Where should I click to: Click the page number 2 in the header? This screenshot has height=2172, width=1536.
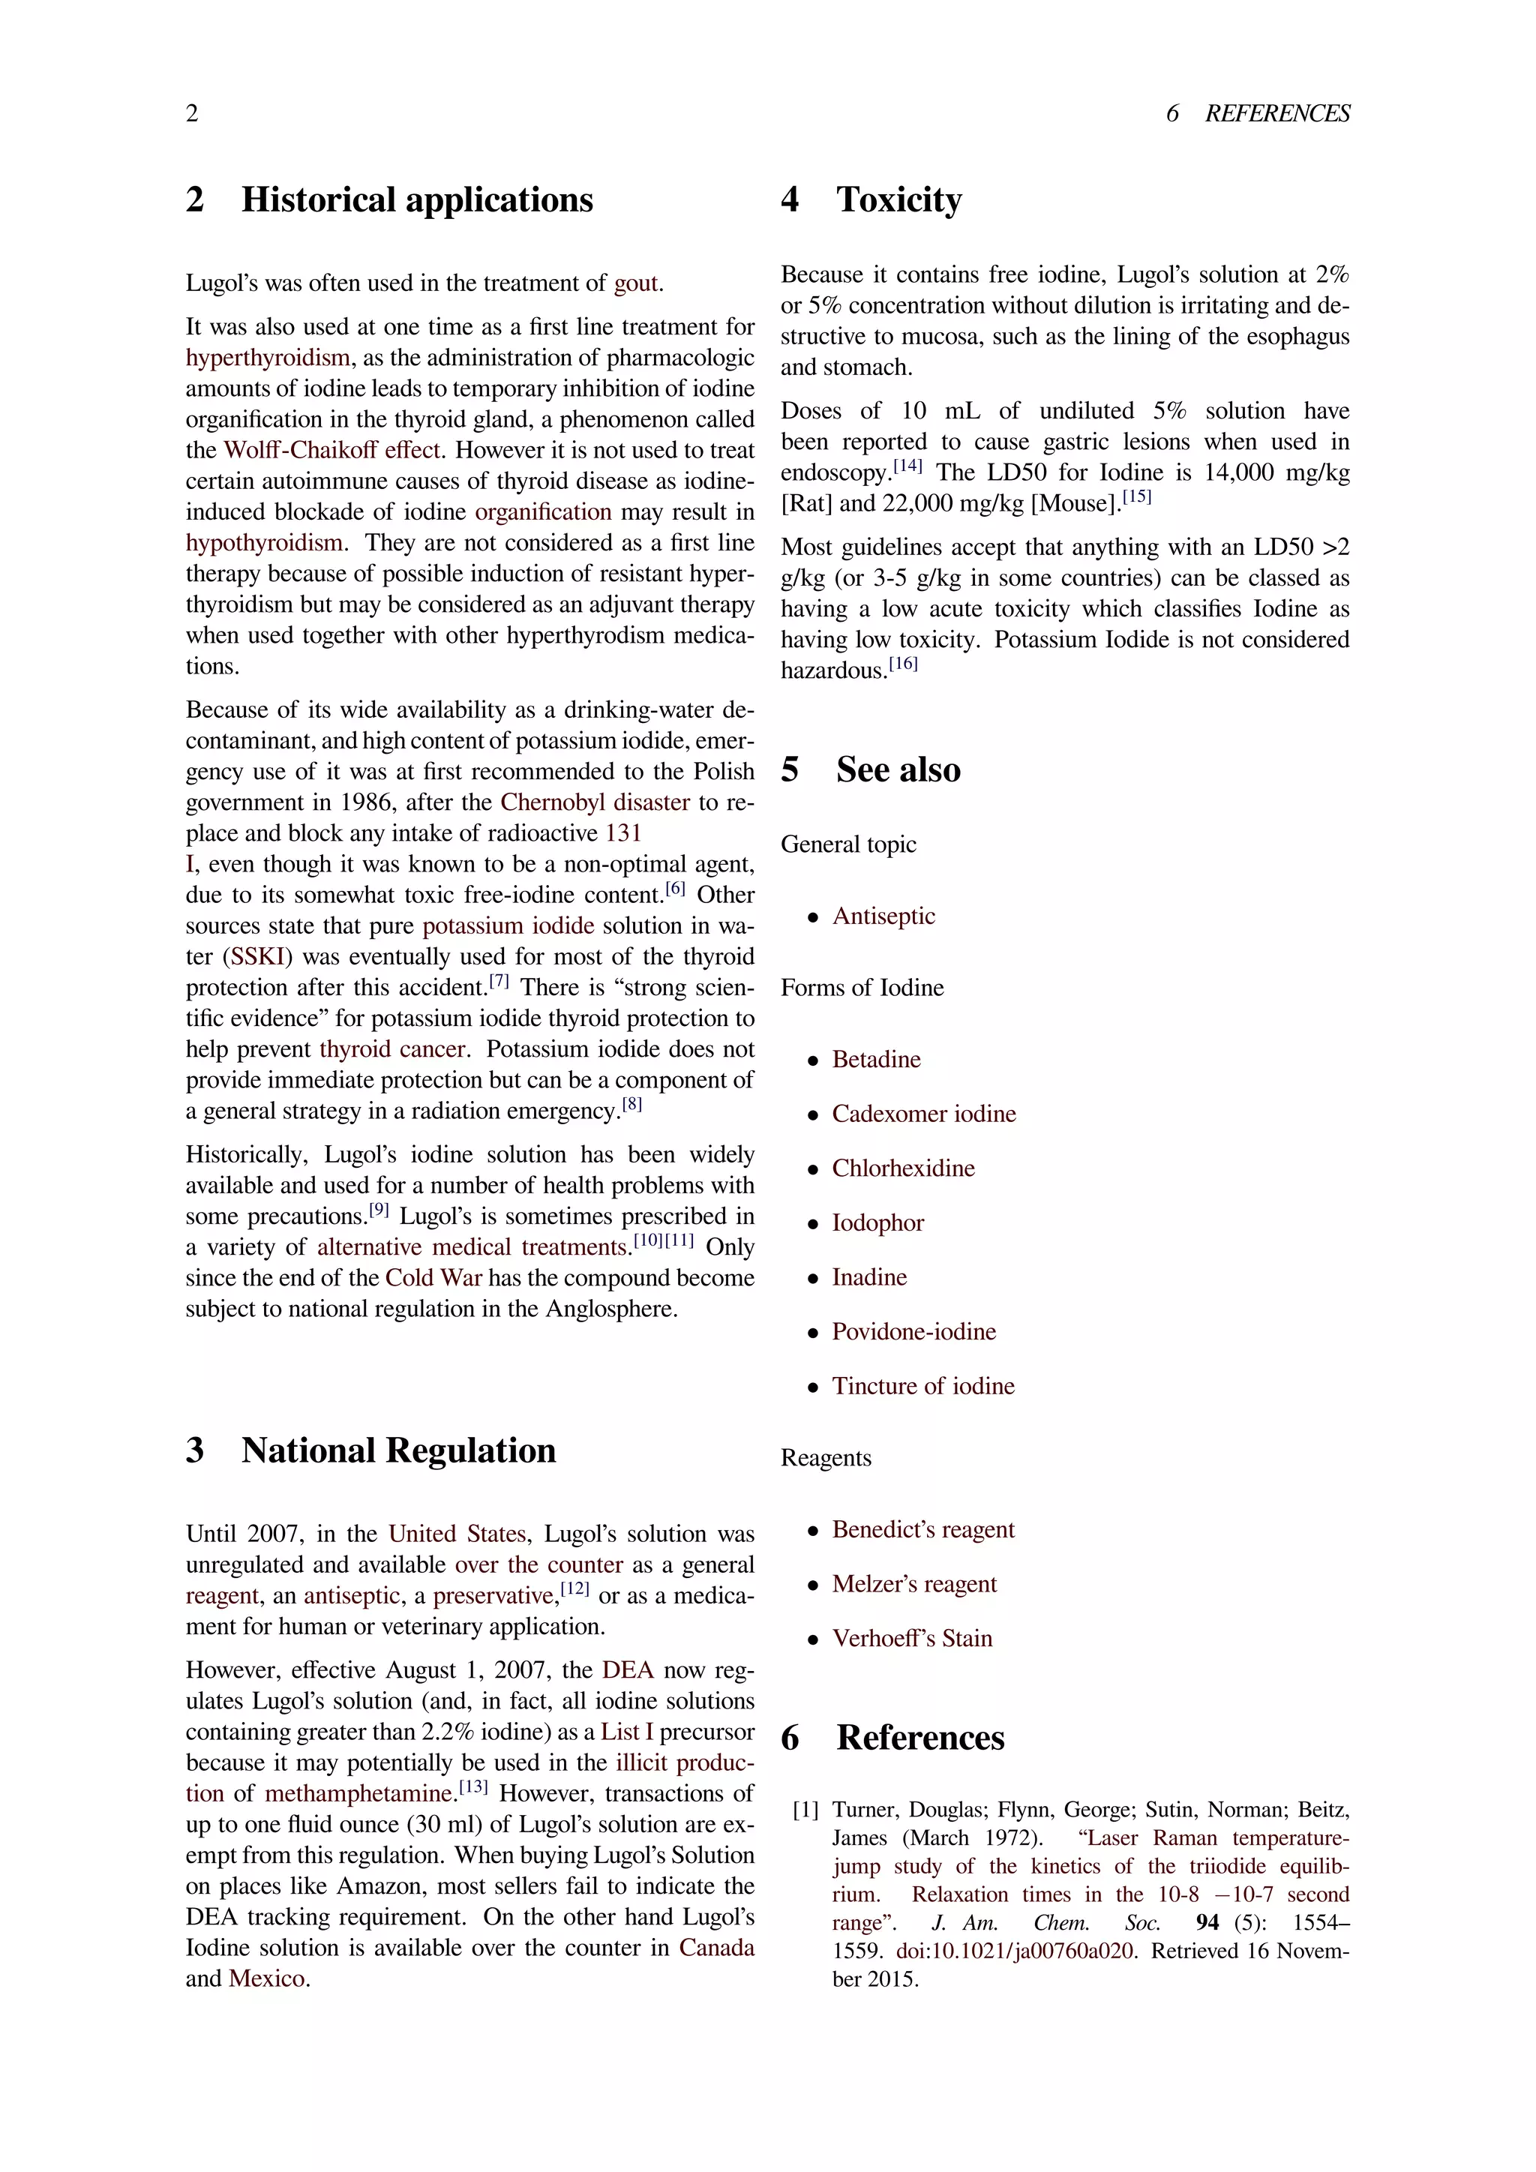[192, 113]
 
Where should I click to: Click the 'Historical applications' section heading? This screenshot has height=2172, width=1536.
[416, 199]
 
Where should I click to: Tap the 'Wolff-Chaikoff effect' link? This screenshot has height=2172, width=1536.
[332, 450]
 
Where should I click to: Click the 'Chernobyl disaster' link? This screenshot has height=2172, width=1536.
[595, 802]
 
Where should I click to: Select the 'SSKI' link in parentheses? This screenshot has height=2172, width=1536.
[258, 956]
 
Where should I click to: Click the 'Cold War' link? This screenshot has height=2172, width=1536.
[433, 1278]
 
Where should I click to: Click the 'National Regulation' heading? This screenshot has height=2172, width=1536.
[398, 1450]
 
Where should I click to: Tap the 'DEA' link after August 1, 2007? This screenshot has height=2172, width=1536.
[628, 1669]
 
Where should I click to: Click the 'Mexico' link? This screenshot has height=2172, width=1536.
[267, 1979]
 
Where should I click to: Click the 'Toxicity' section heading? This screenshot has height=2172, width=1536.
[898, 199]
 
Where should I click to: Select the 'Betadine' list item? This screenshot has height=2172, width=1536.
[876, 1060]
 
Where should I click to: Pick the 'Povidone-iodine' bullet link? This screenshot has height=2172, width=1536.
[913, 1332]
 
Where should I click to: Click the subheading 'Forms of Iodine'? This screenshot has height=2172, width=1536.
[862, 988]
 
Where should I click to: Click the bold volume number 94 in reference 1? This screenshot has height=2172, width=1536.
[1207, 1922]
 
